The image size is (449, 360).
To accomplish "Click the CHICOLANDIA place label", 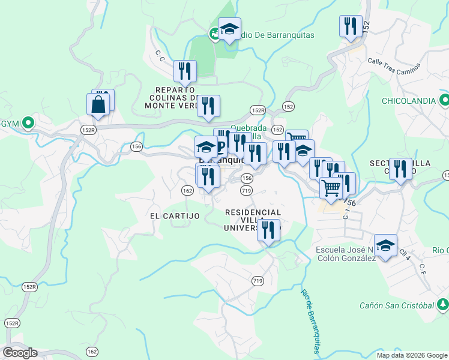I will (408, 100).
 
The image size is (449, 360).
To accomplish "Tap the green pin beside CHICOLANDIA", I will (444, 100).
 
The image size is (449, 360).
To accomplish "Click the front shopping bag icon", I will (98, 105).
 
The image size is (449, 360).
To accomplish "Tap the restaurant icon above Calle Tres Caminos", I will (351, 26).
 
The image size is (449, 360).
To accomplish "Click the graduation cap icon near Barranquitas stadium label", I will (229, 29).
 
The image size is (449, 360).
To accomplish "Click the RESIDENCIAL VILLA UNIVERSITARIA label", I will (253, 220).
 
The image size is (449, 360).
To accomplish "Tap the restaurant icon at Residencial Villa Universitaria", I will (269, 230).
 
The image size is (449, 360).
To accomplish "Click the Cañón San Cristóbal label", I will (396, 305).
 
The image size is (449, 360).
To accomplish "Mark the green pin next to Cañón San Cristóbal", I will (442, 305).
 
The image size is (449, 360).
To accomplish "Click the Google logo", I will (19, 353).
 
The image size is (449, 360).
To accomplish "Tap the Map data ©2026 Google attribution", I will (412, 355).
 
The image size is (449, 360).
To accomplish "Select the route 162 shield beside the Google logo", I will (91, 352).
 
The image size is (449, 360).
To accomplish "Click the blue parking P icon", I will (221, 146).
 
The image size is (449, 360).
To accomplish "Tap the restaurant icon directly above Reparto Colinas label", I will (185, 71).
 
